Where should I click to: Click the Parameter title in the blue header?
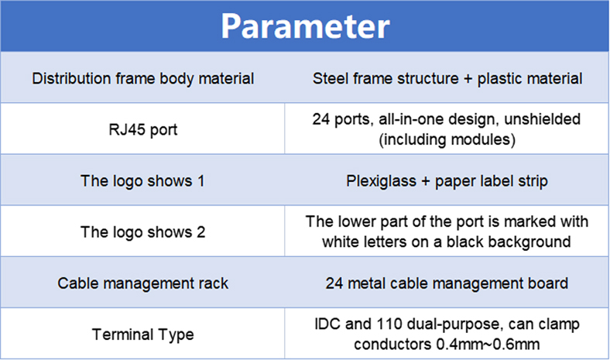pyautogui.click(x=306, y=26)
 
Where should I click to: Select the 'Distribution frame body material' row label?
pyautogui.click(x=142, y=79)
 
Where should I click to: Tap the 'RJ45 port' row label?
pyautogui.click(x=142, y=129)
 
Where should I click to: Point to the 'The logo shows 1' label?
pyautogui.click(x=142, y=181)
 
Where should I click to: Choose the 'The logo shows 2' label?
pyautogui.click(x=142, y=232)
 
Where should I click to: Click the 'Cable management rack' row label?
pyautogui.click(x=142, y=283)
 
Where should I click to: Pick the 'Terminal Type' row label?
pyautogui.click(x=142, y=334)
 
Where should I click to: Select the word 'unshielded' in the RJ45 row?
pyautogui.click(x=543, y=119)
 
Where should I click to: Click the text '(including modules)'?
pyautogui.click(x=447, y=139)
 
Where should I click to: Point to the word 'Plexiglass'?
pyautogui.click(x=381, y=181)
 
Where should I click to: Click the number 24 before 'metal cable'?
pyautogui.click(x=334, y=283)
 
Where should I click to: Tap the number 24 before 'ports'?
pyautogui.click(x=321, y=119)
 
